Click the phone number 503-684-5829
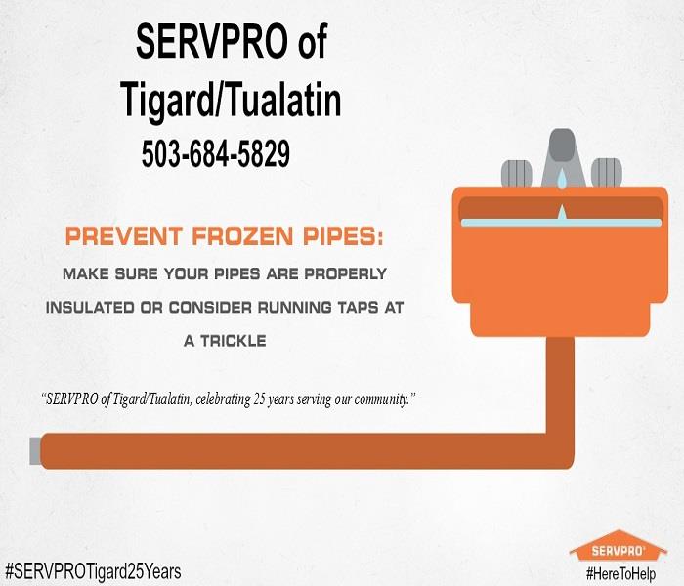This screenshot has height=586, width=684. (216, 153)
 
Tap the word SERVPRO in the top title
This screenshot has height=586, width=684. (212, 41)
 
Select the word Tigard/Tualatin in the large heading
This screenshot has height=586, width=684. (231, 101)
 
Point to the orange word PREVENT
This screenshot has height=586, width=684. (124, 236)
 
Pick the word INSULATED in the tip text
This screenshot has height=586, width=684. (90, 308)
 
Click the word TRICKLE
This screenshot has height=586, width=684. (234, 341)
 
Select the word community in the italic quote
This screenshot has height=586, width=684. (380, 399)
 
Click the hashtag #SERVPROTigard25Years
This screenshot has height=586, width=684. (93, 570)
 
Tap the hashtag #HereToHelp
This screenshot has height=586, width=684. (620, 573)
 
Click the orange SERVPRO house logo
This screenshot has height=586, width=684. (619, 546)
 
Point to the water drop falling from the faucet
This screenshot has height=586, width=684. (562, 179)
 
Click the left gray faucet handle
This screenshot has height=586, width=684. (517, 173)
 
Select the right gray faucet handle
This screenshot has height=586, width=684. (607, 173)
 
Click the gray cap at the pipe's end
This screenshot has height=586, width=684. (35, 451)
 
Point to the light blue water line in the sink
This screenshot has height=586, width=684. (562, 223)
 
